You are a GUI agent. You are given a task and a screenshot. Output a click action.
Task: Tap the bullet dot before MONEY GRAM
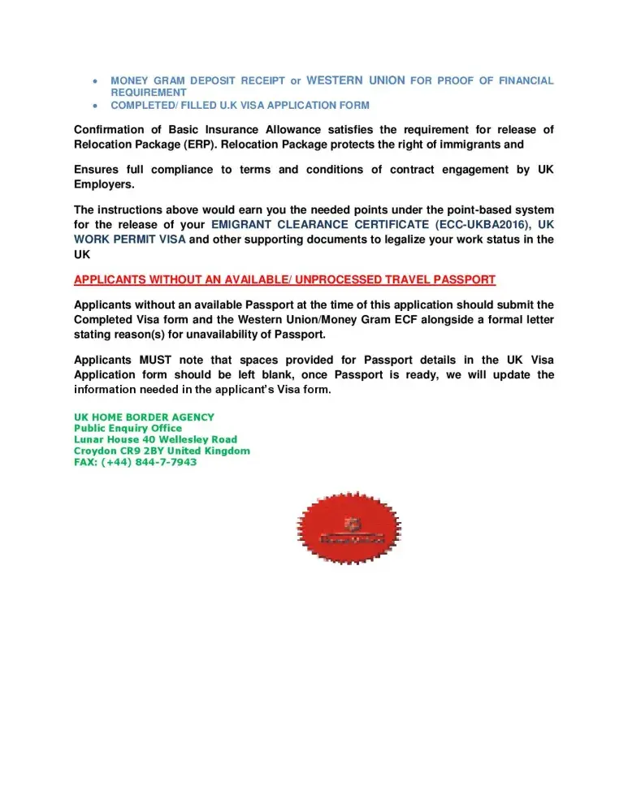point(97,81)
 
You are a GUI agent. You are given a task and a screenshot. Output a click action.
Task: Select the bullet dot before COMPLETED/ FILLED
point(97,106)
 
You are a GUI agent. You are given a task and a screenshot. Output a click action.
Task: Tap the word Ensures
point(97,170)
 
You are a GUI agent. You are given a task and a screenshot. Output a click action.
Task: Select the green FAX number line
point(135,462)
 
